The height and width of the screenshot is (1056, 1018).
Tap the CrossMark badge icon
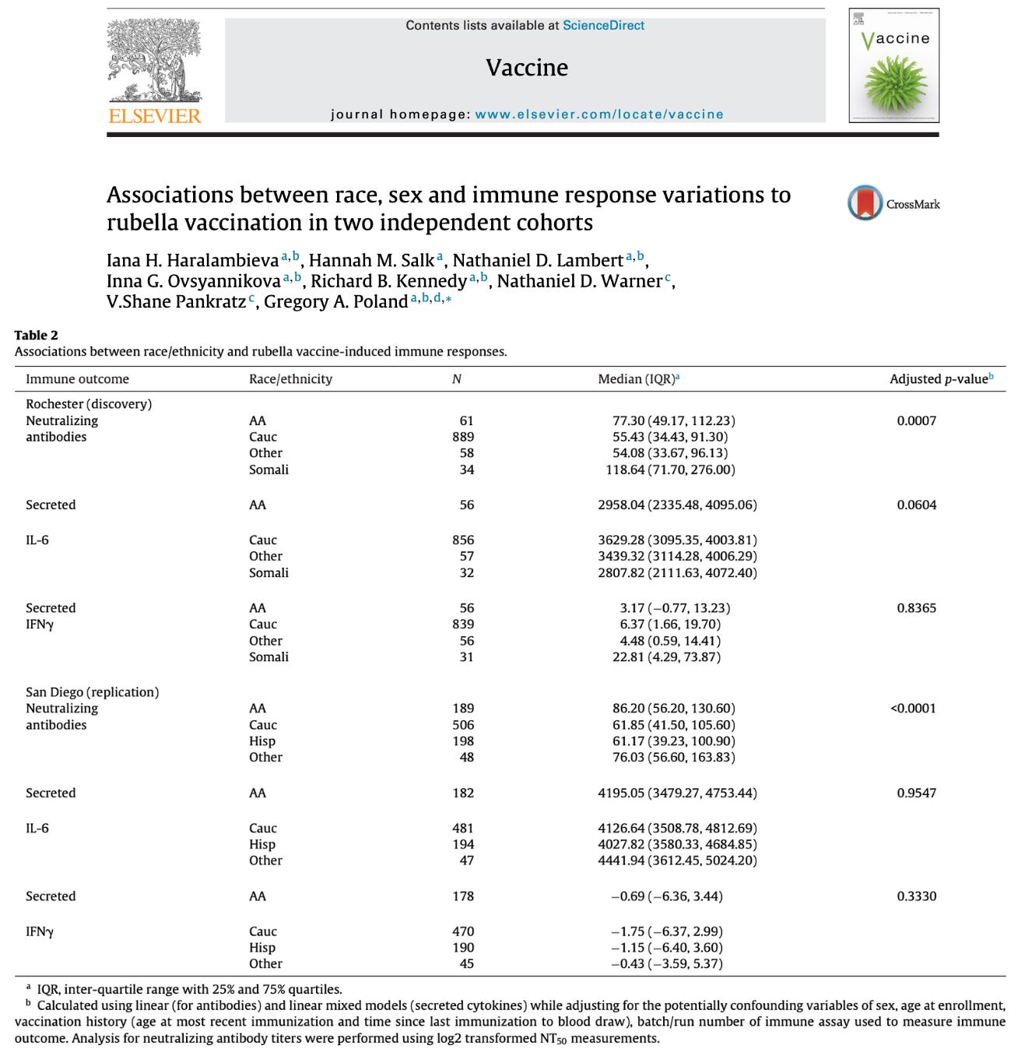tap(865, 203)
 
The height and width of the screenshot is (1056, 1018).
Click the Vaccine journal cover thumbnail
tap(893, 65)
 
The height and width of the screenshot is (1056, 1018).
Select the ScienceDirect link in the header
tap(603, 25)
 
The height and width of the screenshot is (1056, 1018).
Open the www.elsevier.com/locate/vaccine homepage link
tap(599, 114)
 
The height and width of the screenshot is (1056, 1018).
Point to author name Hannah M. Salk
tap(371, 260)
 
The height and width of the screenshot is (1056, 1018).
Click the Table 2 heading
tap(36, 335)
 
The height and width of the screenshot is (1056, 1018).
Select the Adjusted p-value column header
tap(940, 378)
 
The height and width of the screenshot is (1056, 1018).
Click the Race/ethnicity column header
tap(290, 378)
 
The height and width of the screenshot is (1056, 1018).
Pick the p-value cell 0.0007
tap(916, 421)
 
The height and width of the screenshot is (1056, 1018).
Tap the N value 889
tap(463, 437)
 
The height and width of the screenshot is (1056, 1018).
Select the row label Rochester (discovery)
tap(89, 403)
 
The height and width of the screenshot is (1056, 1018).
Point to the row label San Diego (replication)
tap(92, 692)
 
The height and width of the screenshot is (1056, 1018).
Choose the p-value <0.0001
tap(913, 708)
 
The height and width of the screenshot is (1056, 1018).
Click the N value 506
tap(463, 724)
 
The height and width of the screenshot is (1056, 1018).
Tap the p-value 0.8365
tap(916, 607)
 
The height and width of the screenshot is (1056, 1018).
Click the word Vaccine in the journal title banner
tap(527, 68)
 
